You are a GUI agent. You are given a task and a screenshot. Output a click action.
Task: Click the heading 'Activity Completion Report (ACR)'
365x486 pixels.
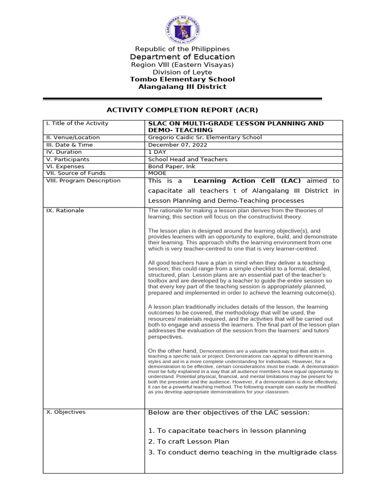pyautogui.click(x=182, y=110)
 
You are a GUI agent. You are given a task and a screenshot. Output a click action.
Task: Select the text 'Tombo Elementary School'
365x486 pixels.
pyautogui.click(x=182, y=79)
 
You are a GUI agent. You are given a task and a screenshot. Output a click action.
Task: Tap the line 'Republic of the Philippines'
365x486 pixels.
pyautogui.click(x=182, y=49)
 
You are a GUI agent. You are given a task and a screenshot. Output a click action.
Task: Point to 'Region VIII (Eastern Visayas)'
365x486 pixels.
pyautogui.click(x=182, y=65)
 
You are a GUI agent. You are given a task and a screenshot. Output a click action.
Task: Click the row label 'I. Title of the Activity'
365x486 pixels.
pyautogui.click(x=77, y=123)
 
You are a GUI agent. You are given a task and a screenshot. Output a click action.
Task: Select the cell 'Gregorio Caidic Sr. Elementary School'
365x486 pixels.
pyautogui.click(x=205, y=138)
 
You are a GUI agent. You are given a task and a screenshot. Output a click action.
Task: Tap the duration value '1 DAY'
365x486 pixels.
pyautogui.click(x=157, y=152)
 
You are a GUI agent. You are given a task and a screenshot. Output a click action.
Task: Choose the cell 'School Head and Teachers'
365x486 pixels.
pyautogui.click(x=188, y=159)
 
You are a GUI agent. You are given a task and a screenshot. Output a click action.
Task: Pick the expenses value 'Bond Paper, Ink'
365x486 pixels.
pyautogui.click(x=172, y=167)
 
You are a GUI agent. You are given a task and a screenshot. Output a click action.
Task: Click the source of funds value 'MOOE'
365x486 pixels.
pyautogui.click(x=157, y=173)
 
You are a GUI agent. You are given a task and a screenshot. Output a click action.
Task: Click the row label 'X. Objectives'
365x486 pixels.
pyautogui.click(x=66, y=412)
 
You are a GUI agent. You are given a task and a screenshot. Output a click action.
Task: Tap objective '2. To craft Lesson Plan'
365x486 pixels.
pyautogui.click(x=188, y=441)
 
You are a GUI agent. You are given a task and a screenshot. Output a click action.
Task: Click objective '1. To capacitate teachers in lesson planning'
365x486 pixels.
pyautogui.click(x=227, y=430)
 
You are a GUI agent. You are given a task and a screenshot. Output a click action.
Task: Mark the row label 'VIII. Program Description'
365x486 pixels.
pyautogui.click(x=83, y=181)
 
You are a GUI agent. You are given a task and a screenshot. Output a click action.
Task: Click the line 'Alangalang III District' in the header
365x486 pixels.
pyautogui.click(x=182, y=87)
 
